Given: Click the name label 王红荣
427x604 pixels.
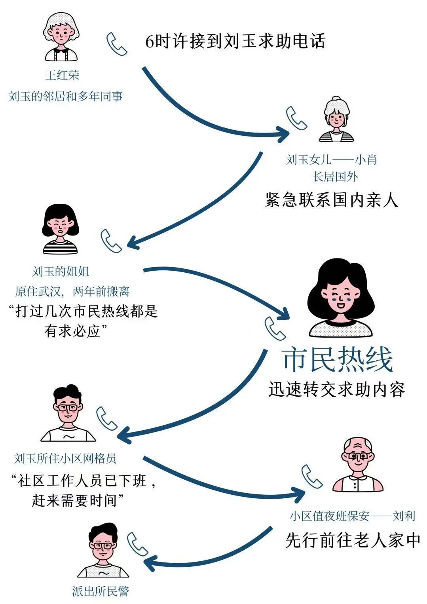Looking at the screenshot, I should tap(62, 75).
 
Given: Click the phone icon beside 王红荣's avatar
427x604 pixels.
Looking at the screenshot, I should tap(116, 44).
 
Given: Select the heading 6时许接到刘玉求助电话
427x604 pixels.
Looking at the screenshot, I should tap(235, 41).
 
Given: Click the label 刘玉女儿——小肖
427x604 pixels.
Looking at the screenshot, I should tap(331, 160).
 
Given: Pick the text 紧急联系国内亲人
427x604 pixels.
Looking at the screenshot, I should tap(331, 200).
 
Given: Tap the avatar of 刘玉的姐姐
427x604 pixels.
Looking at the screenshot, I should tap(61, 229).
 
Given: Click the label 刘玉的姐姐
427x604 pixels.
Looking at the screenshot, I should tap(61, 272).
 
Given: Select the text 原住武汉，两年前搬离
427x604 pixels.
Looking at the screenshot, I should tap(72, 292).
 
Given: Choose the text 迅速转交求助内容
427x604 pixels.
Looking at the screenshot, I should tap(337, 389).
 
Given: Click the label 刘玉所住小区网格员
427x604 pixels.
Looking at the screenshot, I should tap(65, 459).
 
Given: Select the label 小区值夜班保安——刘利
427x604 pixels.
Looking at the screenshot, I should tap(352, 516).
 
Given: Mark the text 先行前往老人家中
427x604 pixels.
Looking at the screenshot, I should tap(352, 541).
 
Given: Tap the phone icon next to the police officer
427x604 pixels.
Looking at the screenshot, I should tap(137, 544).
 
